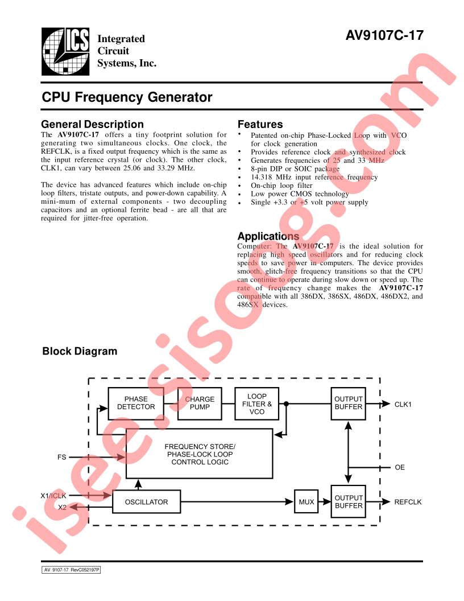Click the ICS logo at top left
pyautogui.click(x=65, y=51)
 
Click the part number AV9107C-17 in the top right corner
pyautogui.click(x=384, y=36)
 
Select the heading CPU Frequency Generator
pyautogui.click(x=127, y=97)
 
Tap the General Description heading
pyautogui.click(x=92, y=124)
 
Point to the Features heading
pyautogui.click(x=260, y=124)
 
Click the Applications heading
pyautogui.click(x=268, y=236)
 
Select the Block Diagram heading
pyautogui.click(x=80, y=351)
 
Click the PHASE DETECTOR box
pyautogui.click(x=136, y=403)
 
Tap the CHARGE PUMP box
pyautogui.click(x=200, y=403)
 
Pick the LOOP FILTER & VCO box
pyautogui.click(x=256, y=404)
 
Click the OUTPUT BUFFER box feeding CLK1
pyautogui.click(x=348, y=403)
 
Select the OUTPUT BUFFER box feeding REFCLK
pyautogui.click(x=348, y=501)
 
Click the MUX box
pyautogui.click(x=306, y=501)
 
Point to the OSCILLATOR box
pyautogui.click(x=146, y=502)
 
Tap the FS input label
pyautogui.click(x=61, y=457)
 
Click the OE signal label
pyautogui.click(x=400, y=467)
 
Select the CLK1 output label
pyautogui.click(x=403, y=405)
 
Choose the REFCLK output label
pyautogui.click(x=408, y=502)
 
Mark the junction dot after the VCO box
pyautogui.click(x=286, y=404)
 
